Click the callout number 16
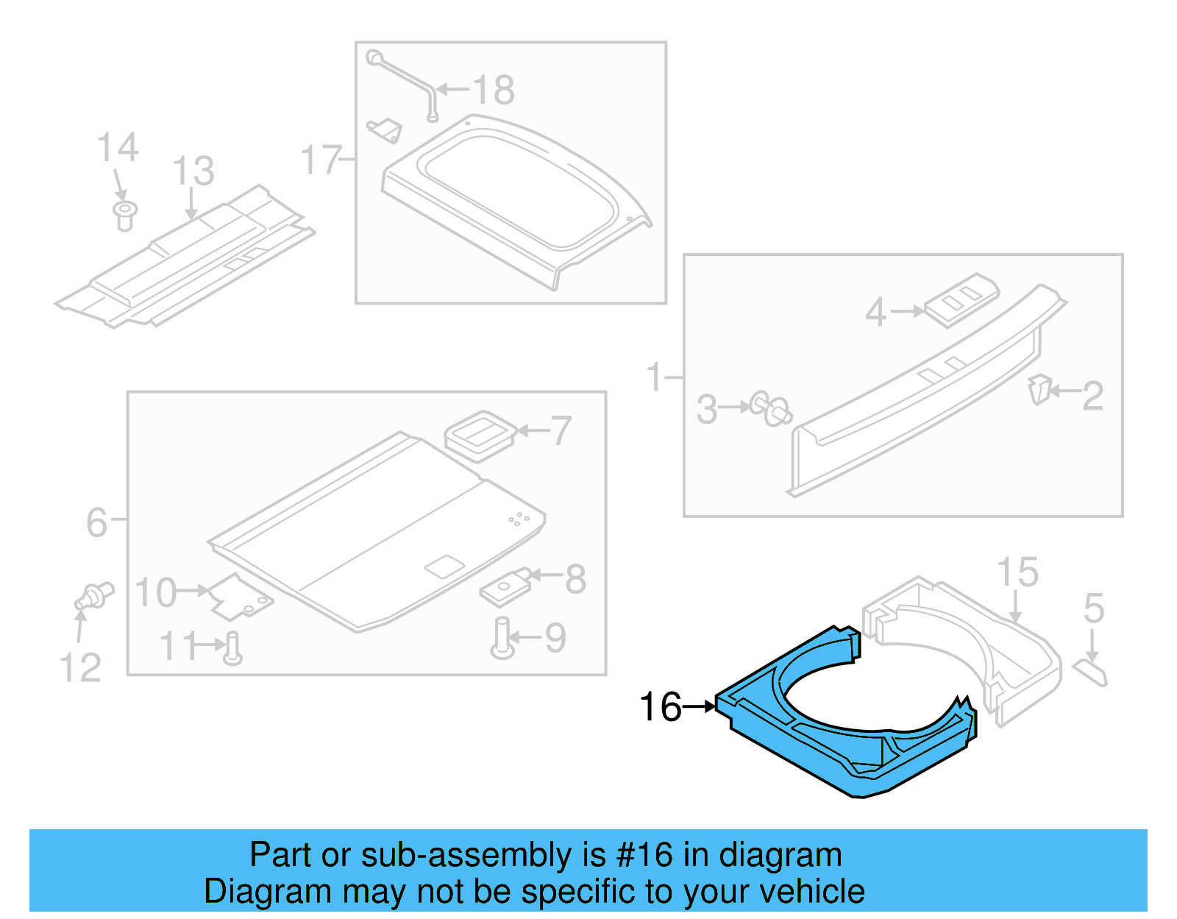coord(660,707)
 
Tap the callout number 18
coord(494,91)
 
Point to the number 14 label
coord(118,148)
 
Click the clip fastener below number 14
coord(125,215)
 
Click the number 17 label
coord(321,160)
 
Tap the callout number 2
coord(1092,396)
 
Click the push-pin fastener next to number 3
coord(771,409)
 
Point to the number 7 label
coord(561,430)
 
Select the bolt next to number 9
coord(502,639)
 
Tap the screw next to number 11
coord(233,647)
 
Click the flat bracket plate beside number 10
coord(239,597)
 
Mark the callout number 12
coord(79,668)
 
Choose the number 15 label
coord(1017,572)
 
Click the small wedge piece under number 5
coord(1090,672)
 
